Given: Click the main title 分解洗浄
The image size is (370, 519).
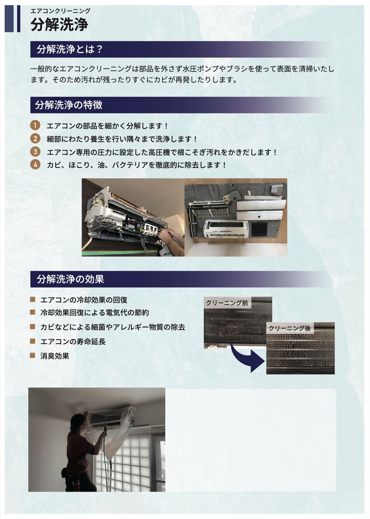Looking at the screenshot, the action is click(x=59, y=25).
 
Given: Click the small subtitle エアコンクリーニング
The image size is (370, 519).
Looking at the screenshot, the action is click(x=60, y=11).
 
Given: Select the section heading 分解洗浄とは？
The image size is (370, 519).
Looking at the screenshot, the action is click(x=70, y=49).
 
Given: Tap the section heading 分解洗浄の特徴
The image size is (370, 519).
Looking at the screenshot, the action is click(x=69, y=105).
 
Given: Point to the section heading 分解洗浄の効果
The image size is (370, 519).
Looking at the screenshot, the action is click(x=70, y=279).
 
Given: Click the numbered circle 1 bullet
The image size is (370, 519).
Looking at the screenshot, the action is click(x=35, y=126).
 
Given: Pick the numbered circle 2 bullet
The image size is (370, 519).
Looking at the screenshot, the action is click(x=35, y=139).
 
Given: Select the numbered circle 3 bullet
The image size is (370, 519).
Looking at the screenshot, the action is click(x=35, y=152).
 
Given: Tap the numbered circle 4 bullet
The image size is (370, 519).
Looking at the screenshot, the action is click(x=35, y=165).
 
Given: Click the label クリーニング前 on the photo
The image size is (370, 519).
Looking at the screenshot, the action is click(x=227, y=303).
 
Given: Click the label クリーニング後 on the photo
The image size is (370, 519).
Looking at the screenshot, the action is click(x=290, y=328).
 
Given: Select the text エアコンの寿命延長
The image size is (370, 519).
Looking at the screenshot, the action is click(x=73, y=342).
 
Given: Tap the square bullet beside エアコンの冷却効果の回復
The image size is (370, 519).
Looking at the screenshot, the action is click(x=33, y=300).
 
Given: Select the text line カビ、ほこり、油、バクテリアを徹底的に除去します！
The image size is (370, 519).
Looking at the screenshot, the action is click(x=136, y=165).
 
